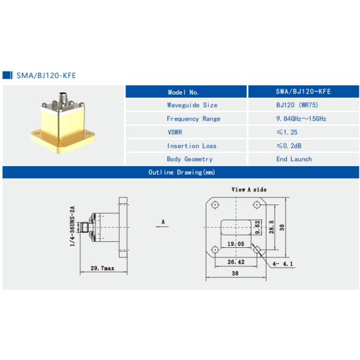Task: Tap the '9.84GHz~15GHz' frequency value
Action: coord(296,119)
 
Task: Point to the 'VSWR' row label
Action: coord(175,132)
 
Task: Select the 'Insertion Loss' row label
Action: coord(191,146)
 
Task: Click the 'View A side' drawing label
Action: coord(249,190)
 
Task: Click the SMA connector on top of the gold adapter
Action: coord(64,97)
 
